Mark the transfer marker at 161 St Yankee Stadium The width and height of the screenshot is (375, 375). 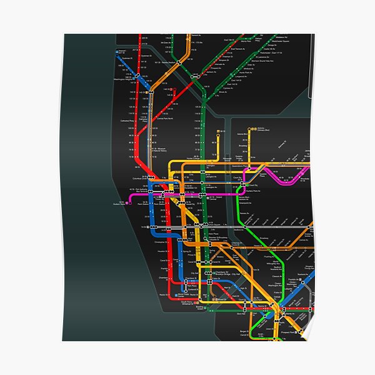(x=179, y=64)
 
